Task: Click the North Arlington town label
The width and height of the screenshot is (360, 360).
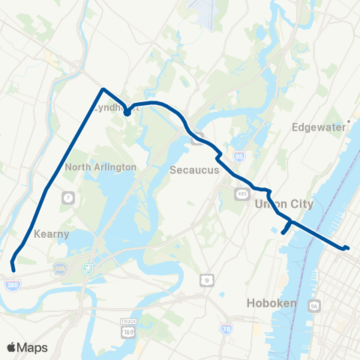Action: click(x=100, y=167)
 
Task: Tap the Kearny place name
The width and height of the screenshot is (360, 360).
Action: click(x=49, y=234)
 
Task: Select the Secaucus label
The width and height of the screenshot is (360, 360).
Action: click(x=193, y=169)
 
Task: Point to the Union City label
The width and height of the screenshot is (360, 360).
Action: click(x=281, y=204)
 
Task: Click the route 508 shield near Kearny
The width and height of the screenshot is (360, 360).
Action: click(x=59, y=268)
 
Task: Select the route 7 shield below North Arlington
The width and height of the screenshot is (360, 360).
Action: click(x=68, y=197)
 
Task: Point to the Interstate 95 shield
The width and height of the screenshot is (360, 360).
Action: click(x=239, y=156)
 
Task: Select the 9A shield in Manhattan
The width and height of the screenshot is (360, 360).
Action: click(x=315, y=306)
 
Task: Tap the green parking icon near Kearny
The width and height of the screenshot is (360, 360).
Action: click(x=88, y=268)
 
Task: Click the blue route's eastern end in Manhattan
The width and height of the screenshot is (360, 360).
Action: click(x=347, y=248)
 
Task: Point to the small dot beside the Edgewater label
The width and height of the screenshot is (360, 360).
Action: click(x=349, y=127)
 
